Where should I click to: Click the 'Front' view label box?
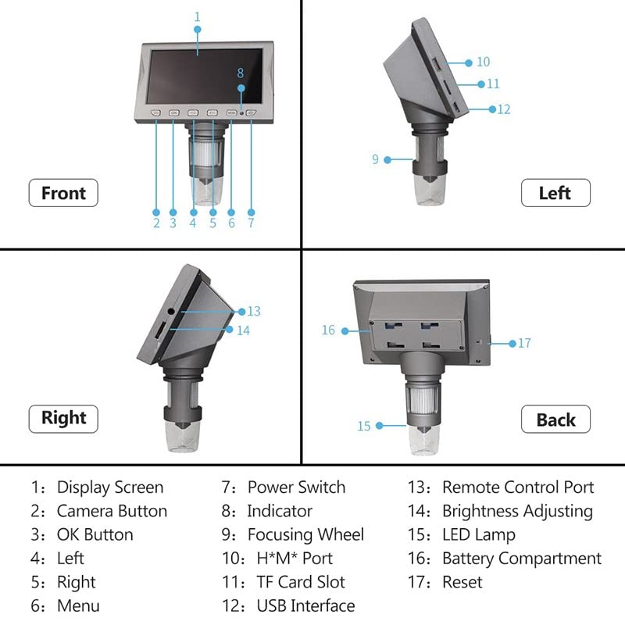63,193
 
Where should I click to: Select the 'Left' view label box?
555,193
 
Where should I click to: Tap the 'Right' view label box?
63,418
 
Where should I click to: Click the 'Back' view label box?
555,420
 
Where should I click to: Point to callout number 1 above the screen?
197,16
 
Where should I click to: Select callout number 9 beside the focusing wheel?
375,159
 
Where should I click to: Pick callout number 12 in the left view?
503,109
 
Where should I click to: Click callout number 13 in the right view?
253,311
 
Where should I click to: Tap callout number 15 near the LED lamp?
364,427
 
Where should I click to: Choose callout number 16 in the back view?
328,330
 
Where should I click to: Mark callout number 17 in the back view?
524,343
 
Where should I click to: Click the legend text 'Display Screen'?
110,487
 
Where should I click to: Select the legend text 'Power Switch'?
296,487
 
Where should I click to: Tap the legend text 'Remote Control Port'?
518,487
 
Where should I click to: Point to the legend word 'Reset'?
462,582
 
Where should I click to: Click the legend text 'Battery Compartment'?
522,559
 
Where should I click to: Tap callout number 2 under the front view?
156,223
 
